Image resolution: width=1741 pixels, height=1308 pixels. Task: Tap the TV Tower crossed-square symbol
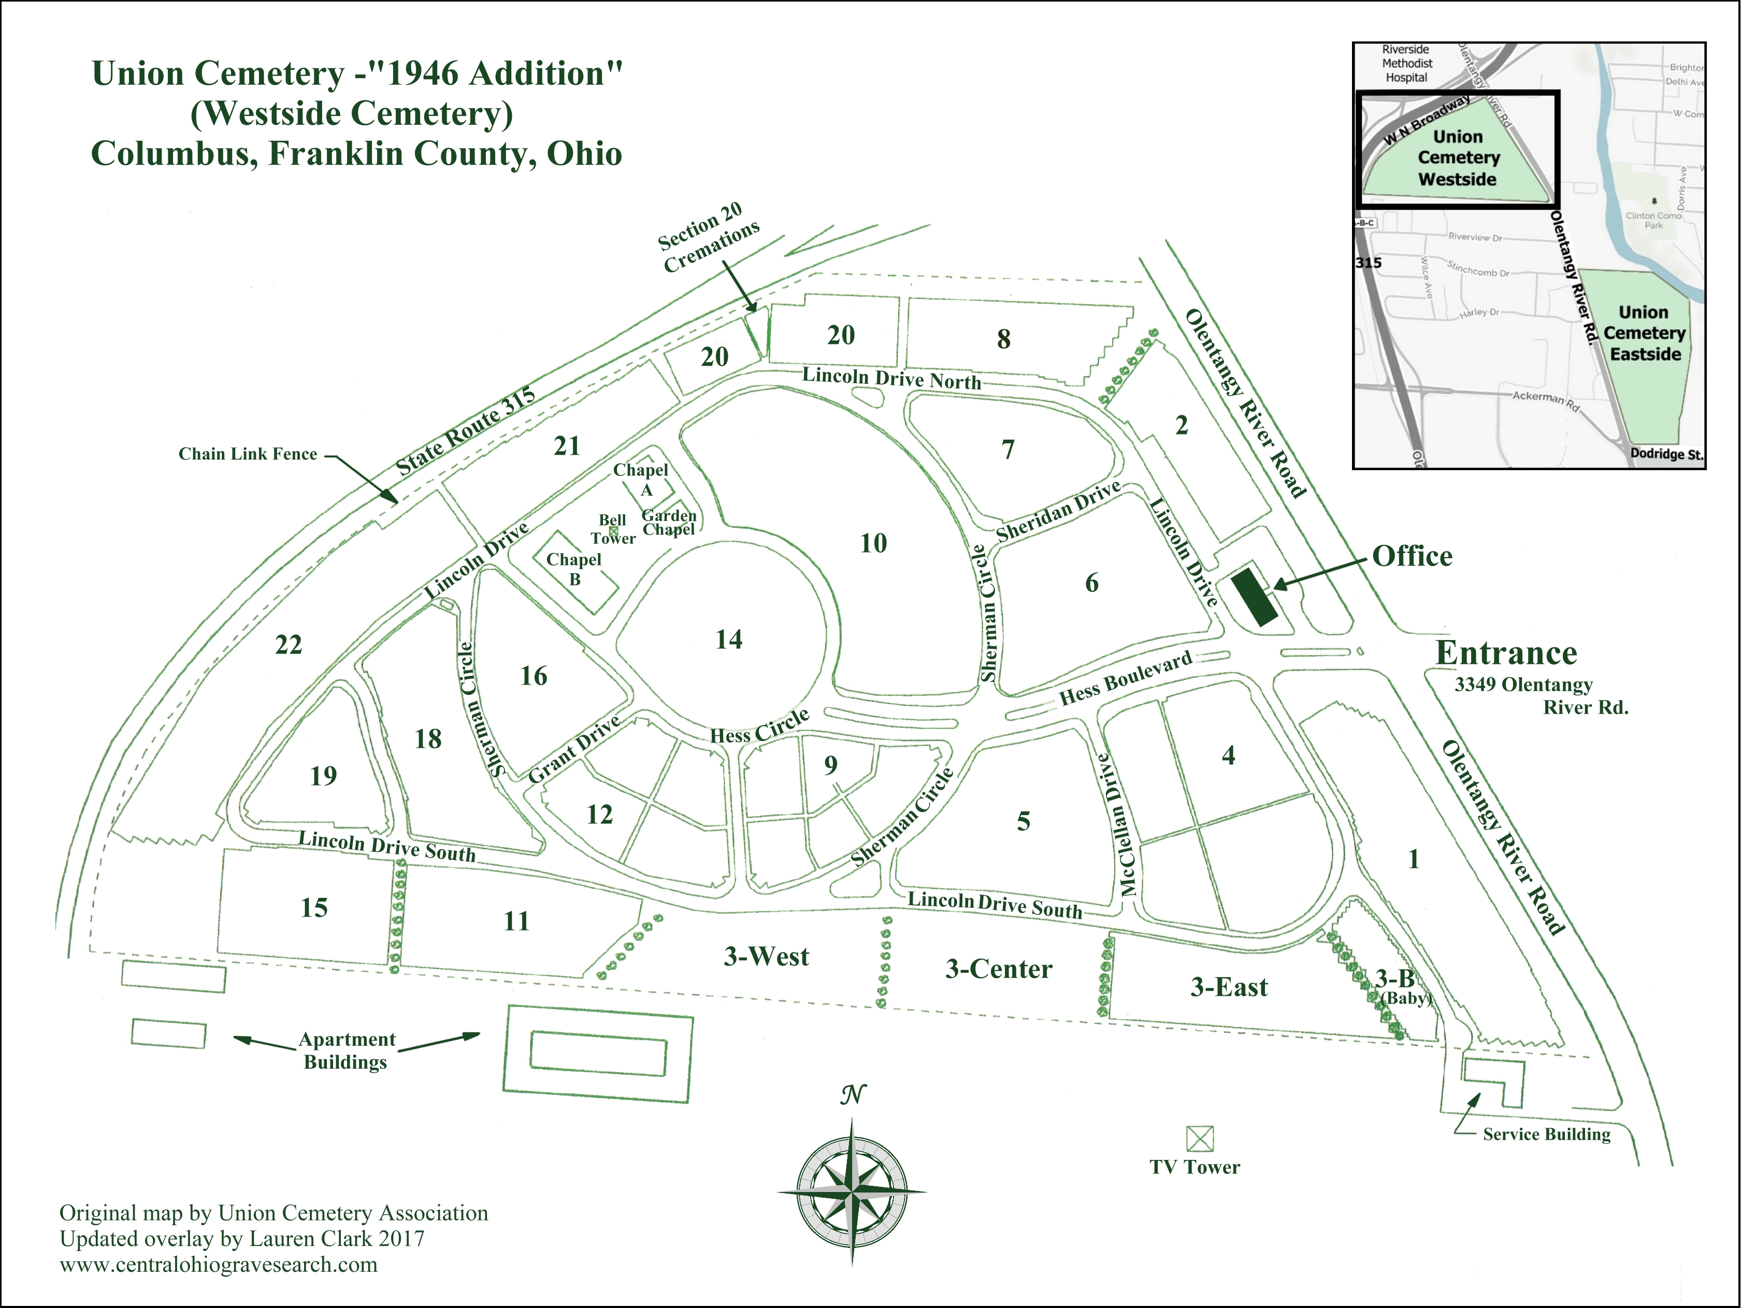(1200, 1138)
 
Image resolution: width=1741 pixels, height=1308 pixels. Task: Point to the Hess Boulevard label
(1126, 678)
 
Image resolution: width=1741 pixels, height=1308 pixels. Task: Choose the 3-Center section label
(998, 969)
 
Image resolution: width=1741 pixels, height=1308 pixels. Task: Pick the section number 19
(323, 776)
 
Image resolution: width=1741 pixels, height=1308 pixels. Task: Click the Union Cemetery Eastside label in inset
(1644, 333)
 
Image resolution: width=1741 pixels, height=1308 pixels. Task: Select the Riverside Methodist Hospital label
(1406, 64)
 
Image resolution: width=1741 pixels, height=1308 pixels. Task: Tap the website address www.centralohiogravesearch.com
(218, 1265)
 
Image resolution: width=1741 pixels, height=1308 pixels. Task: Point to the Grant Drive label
(574, 749)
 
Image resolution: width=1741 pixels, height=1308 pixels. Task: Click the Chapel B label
(574, 569)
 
